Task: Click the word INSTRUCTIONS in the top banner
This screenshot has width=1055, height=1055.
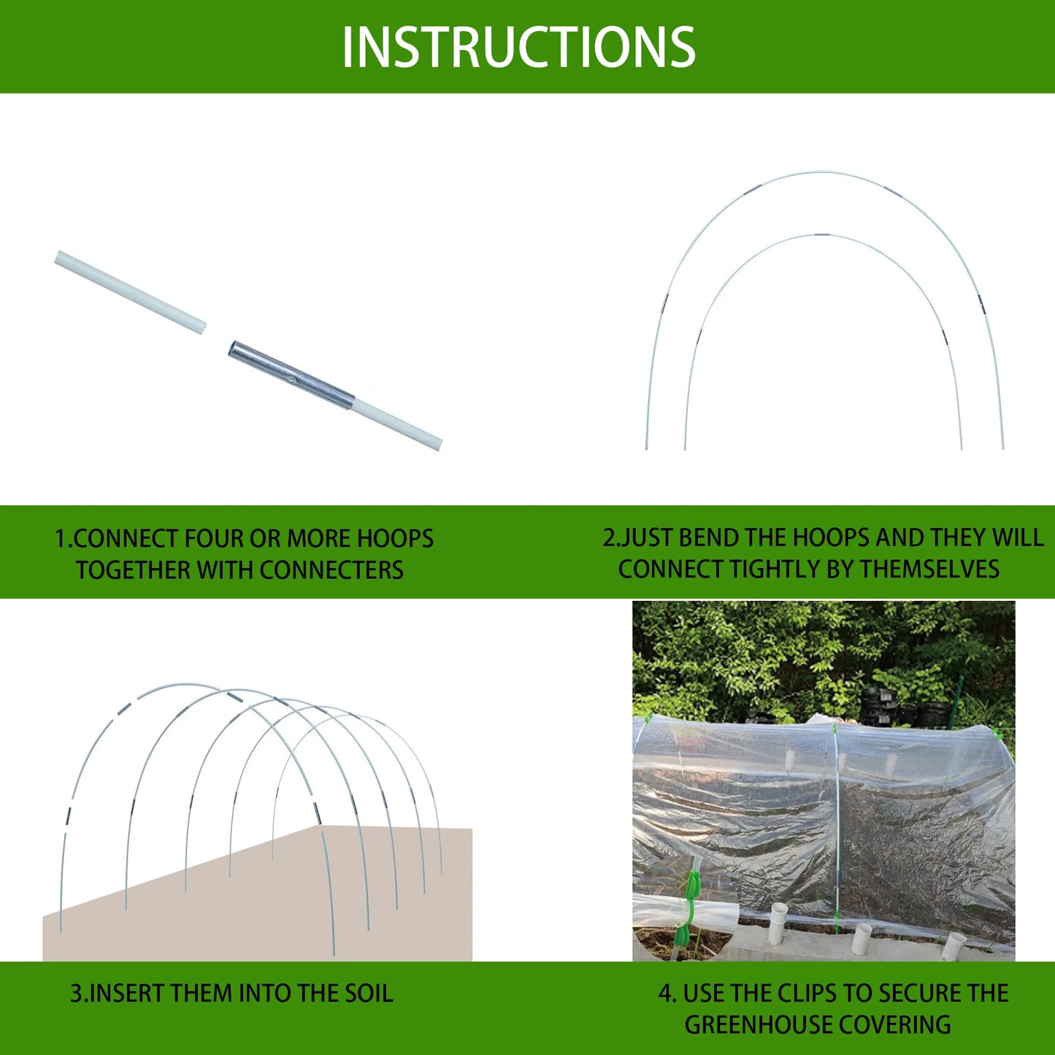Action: tap(518, 47)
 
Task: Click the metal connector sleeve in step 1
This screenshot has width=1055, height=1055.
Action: tap(291, 375)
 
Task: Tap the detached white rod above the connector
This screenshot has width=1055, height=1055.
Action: tap(130, 292)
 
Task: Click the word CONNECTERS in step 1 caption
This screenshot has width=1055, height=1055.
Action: tap(331, 570)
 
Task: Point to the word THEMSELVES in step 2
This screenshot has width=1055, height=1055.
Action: tap(929, 569)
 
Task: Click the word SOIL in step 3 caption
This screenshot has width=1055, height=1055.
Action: tap(369, 994)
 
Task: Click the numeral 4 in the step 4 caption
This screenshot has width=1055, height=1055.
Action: tap(664, 993)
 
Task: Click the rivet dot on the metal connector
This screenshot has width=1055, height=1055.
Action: tap(292, 378)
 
